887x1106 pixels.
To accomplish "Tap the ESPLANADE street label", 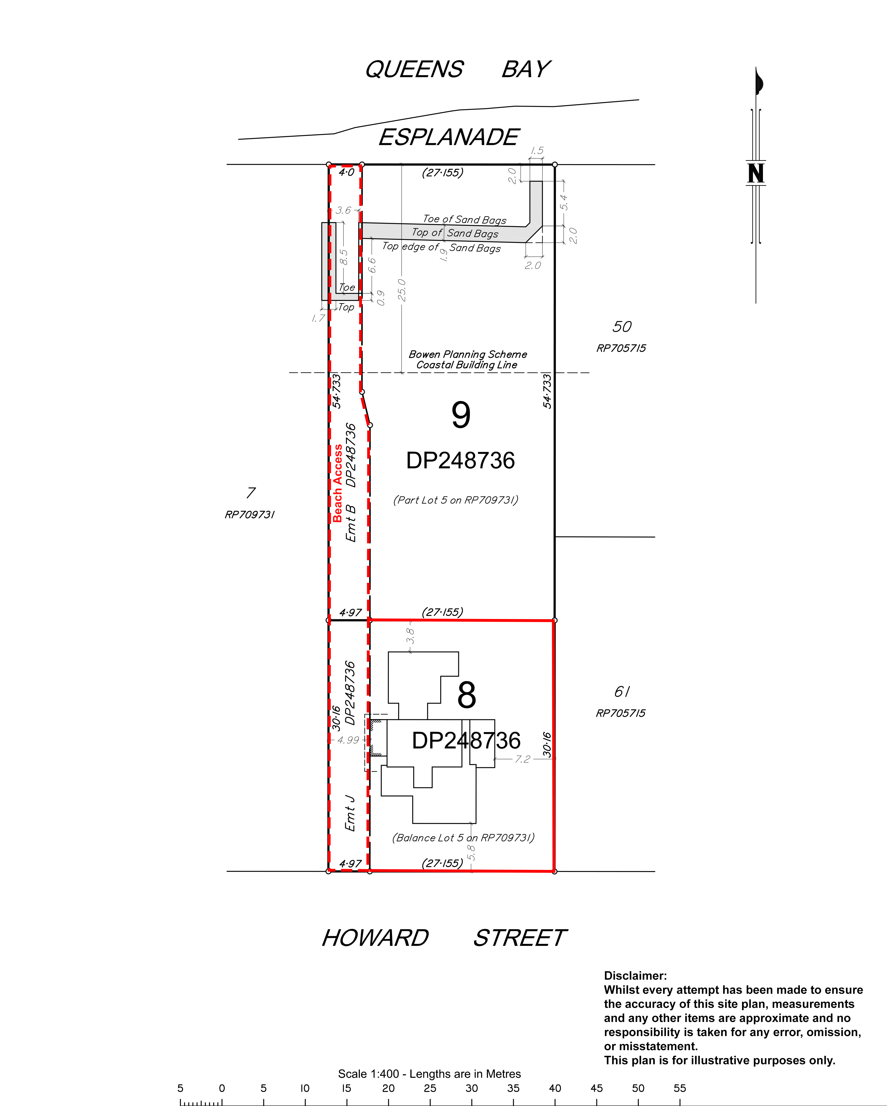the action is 449,137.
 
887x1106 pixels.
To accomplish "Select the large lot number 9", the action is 461,415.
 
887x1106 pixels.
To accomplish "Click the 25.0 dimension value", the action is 402,290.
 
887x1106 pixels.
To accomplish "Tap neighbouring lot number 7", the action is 250,493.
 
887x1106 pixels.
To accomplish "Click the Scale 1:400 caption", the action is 429,1074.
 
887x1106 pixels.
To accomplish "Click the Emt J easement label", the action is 350,813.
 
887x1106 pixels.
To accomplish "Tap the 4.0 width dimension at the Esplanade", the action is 346,172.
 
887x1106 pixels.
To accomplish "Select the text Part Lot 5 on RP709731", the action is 455,500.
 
